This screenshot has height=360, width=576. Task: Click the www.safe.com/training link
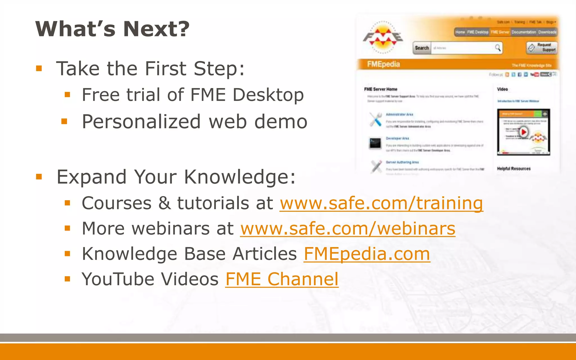381,203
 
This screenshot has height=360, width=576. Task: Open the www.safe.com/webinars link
348,228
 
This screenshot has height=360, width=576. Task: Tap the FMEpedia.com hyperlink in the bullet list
367,254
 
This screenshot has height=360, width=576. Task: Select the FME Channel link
282,279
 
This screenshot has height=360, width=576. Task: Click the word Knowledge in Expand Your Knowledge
240,177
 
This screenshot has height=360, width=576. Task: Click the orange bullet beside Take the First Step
39,68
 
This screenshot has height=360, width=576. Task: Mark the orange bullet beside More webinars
67,228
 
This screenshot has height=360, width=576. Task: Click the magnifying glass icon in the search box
498,48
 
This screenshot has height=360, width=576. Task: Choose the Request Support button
542,47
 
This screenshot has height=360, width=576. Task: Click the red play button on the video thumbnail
523,132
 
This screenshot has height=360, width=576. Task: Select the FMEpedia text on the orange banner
383,64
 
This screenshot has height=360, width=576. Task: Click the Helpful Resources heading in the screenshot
514,168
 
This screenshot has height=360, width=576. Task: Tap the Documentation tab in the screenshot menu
524,32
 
